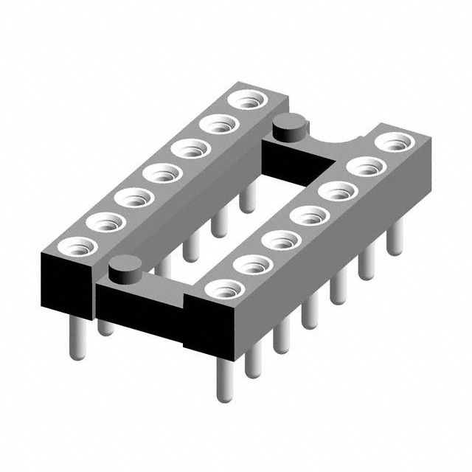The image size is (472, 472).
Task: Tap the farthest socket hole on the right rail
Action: coord(395,142)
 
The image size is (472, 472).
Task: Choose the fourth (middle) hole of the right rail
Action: coord(310,216)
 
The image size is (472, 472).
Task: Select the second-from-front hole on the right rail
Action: coord(252,264)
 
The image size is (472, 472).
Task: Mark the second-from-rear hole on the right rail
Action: coord(367,167)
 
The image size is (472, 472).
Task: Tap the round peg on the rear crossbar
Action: coord(288,128)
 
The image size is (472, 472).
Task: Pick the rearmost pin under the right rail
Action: coord(396,236)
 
